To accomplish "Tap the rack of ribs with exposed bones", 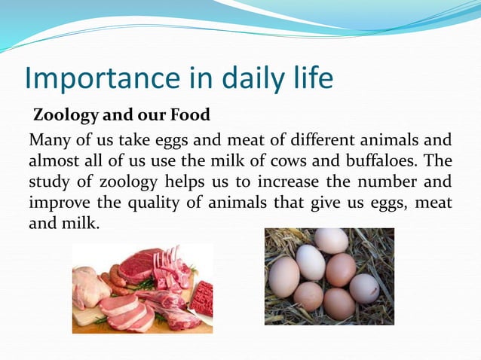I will pos(170,267).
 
